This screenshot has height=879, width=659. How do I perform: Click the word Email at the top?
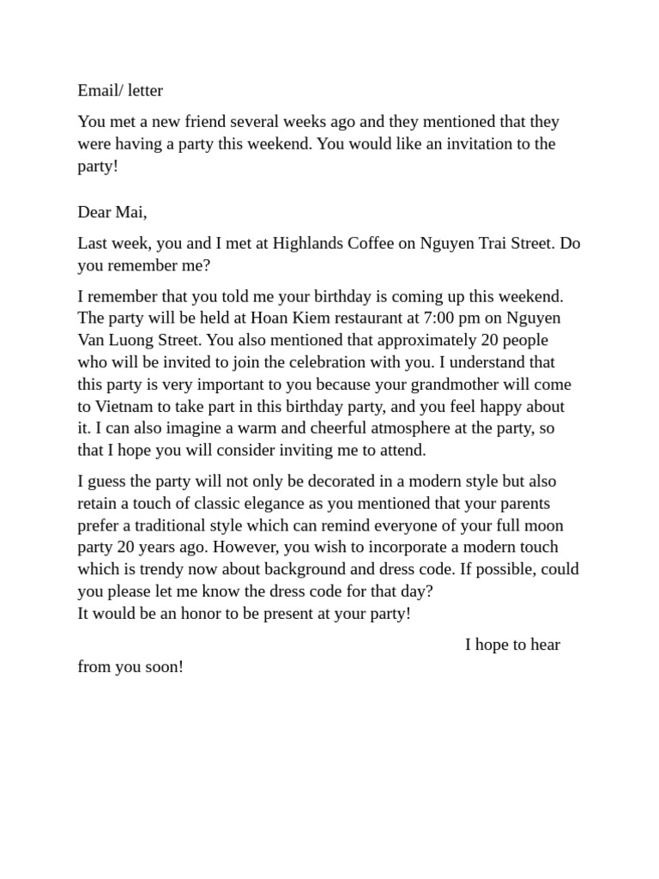pos(97,90)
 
